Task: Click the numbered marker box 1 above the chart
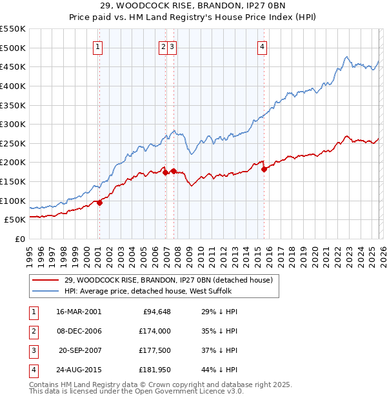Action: [97, 46]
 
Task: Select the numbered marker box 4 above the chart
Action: [263, 46]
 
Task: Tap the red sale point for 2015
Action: [264, 170]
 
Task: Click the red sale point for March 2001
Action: [99, 203]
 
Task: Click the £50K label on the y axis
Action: [15, 220]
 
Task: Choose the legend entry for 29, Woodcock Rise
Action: [168, 280]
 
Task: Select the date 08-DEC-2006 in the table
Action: [79, 331]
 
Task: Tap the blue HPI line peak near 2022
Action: [346, 57]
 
